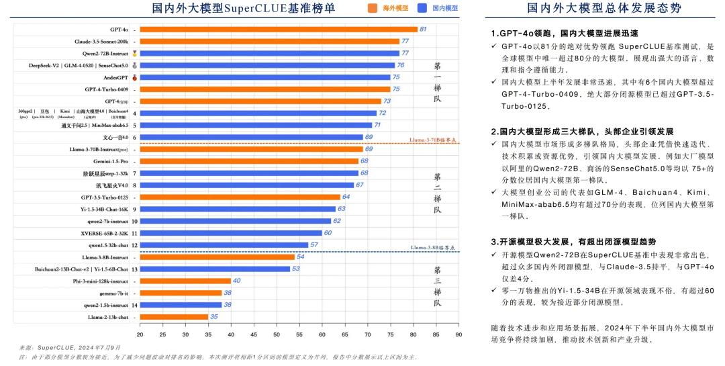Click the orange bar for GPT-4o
coord(278,30)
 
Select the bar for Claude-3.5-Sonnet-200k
coord(269,42)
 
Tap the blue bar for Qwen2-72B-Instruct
coord(269,53)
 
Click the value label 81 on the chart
coord(423,30)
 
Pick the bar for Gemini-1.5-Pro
coord(249,161)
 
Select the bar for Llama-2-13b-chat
coord(174,317)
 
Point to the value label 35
coord(213,317)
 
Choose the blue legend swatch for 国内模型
coord(422,8)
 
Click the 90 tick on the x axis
coord(458,334)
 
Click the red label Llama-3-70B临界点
coord(433,140)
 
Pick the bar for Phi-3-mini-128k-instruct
coord(185,281)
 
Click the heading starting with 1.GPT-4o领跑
coord(564,34)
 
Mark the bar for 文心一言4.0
coord(251,137)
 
